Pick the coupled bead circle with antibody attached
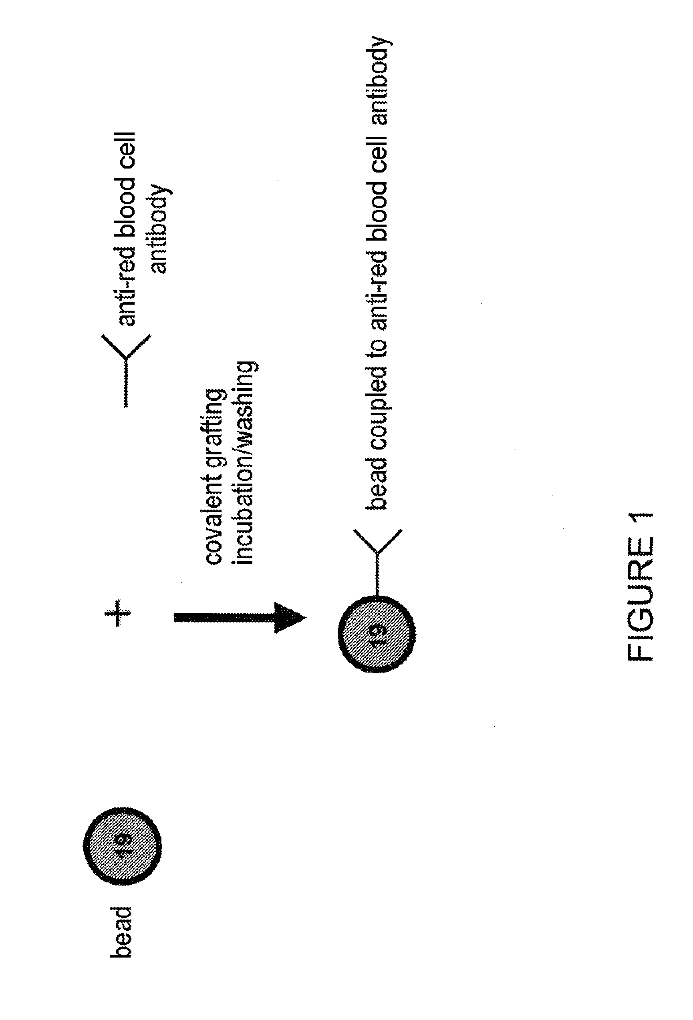377,632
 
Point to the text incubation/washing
246,463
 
